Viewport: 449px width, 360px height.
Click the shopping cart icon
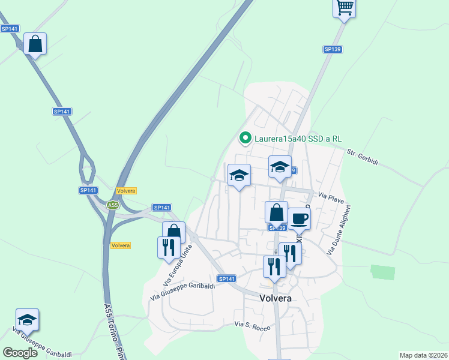coord(345,8)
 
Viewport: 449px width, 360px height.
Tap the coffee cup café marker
coord(299,218)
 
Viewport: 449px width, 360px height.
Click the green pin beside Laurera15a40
coord(245,139)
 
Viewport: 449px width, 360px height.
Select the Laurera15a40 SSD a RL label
coord(298,139)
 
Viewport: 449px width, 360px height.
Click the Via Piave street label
coord(330,197)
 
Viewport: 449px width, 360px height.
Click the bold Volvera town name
coord(275,298)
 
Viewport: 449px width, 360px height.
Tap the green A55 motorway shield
coord(113,205)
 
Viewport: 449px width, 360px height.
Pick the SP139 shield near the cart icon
coord(332,49)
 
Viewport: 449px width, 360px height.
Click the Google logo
coord(20,352)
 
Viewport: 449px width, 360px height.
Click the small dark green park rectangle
coord(384,272)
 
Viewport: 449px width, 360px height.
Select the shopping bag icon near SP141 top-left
coord(35,44)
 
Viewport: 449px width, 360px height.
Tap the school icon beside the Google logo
coord(27,320)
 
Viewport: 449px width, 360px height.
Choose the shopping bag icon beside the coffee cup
coord(276,212)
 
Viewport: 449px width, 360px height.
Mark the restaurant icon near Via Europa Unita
coord(169,247)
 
